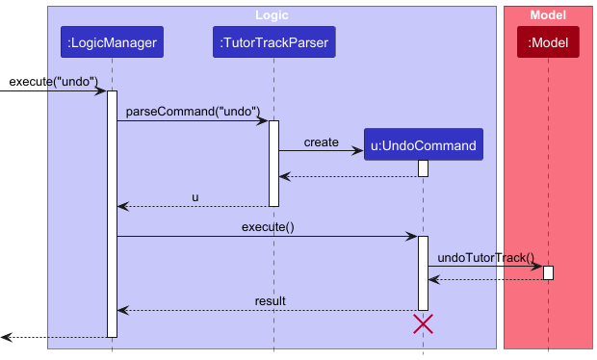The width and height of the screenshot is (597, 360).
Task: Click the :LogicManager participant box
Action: (112, 42)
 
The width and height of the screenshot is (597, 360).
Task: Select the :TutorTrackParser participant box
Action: (273, 42)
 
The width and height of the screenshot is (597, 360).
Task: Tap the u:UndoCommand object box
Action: (423, 145)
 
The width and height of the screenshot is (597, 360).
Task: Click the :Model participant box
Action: (548, 42)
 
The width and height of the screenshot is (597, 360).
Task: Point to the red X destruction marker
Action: (423, 324)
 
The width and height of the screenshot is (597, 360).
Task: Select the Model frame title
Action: (548, 15)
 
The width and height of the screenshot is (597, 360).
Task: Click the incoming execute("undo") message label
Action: (54, 81)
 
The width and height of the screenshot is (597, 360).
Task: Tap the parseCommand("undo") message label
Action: (192, 111)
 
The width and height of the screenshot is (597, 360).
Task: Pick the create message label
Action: (321, 141)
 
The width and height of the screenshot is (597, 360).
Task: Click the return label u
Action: (195, 196)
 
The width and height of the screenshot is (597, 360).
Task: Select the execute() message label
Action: (268, 226)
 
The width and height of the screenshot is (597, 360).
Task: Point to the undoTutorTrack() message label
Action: (485, 257)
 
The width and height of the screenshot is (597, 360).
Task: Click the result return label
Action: (270, 301)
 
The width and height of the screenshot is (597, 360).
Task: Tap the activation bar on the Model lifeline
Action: (548, 272)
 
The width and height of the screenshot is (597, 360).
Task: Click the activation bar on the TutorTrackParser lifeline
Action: (273, 163)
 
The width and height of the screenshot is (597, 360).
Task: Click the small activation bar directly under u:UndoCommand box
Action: (423, 168)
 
